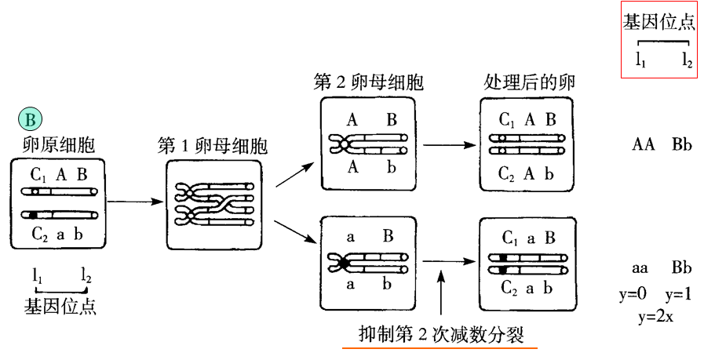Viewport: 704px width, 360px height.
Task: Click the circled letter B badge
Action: (30, 119)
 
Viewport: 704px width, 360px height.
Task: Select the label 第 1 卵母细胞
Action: (212, 146)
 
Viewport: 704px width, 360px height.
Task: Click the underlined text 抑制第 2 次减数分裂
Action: (440, 333)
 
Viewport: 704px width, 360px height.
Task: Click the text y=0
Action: (633, 295)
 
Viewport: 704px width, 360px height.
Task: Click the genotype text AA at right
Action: (644, 145)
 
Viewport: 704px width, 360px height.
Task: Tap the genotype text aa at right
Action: (643, 269)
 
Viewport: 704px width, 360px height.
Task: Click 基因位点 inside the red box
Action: (658, 21)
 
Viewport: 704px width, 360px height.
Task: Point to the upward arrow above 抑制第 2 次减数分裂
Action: (443, 290)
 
